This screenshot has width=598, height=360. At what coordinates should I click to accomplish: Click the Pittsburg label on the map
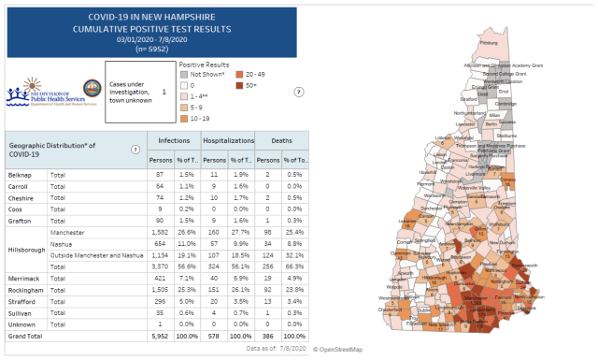coord(489,42)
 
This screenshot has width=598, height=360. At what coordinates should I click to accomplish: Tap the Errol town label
coord(503,92)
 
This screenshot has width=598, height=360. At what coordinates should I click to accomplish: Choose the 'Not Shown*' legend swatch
coord(184,73)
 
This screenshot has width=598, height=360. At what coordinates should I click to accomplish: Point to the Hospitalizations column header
coord(229,140)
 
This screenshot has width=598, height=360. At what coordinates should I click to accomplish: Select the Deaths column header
coord(281,140)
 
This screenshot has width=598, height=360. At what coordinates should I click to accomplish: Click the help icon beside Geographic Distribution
coord(135,150)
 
